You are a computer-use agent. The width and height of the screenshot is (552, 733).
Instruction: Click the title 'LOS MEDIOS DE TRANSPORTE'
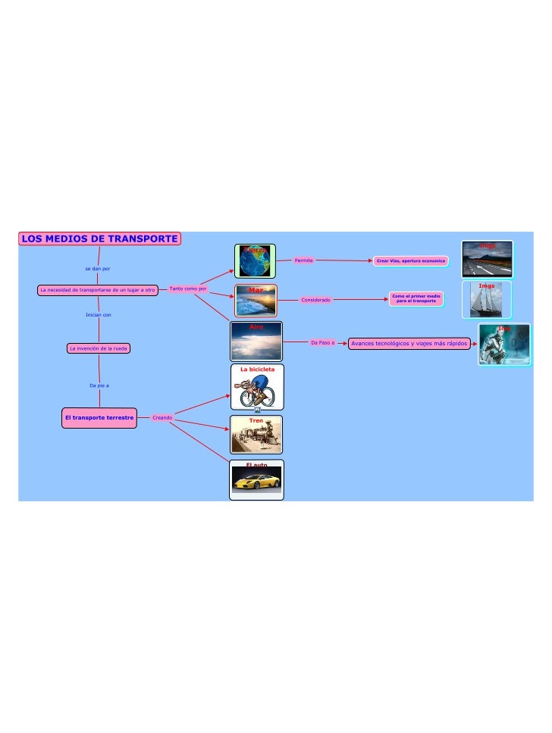tap(99, 239)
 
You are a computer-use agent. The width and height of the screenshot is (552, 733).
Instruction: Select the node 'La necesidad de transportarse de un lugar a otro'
tap(97, 289)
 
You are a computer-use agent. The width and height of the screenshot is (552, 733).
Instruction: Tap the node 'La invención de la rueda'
tap(99, 348)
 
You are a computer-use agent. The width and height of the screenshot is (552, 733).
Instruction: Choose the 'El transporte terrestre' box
tap(99, 417)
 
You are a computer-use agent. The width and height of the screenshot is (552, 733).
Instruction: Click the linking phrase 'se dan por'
tap(98, 269)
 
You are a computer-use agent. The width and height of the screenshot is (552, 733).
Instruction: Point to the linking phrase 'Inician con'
tap(99, 314)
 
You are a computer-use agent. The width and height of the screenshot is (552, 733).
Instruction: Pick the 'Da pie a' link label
tap(99, 385)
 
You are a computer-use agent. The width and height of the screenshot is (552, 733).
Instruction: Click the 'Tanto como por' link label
tap(188, 289)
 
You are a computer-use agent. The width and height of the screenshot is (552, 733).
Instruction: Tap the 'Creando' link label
tap(162, 417)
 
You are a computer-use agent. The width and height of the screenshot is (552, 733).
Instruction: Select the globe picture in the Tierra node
tap(255, 261)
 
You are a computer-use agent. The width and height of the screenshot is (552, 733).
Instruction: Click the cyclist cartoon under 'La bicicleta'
tap(257, 391)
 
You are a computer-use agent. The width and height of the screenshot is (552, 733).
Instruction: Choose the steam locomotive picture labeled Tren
tap(256, 437)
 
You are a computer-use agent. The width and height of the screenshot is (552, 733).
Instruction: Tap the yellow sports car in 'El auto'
tap(256, 482)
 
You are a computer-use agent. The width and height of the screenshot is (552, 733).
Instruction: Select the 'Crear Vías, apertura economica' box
tap(410, 260)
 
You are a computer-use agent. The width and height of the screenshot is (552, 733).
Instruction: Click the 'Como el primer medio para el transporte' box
tap(416, 299)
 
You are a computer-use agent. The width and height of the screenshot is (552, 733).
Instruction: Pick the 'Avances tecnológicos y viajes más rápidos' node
tap(409, 343)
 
